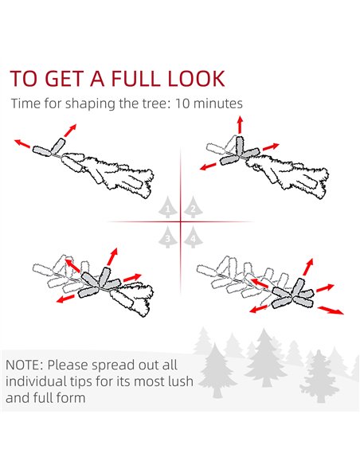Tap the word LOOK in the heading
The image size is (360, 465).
(196, 79)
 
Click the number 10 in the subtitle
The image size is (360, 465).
(182, 104)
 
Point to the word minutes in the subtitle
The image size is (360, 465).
(217, 104)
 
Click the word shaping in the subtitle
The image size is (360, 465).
(91, 104)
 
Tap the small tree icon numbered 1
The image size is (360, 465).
(167, 207)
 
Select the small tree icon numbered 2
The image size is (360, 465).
(193, 207)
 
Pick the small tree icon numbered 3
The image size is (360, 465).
(167, 236)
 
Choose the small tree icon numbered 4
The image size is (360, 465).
(193, 236)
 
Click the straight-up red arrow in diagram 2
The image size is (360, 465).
(240, 124)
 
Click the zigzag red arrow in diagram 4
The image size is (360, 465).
(331, 311)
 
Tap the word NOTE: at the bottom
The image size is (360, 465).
(25, 365)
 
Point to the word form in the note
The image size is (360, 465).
(72, 397)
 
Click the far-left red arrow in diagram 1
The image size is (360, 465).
(22, 143)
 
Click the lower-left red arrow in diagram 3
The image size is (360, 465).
(65, 299)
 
